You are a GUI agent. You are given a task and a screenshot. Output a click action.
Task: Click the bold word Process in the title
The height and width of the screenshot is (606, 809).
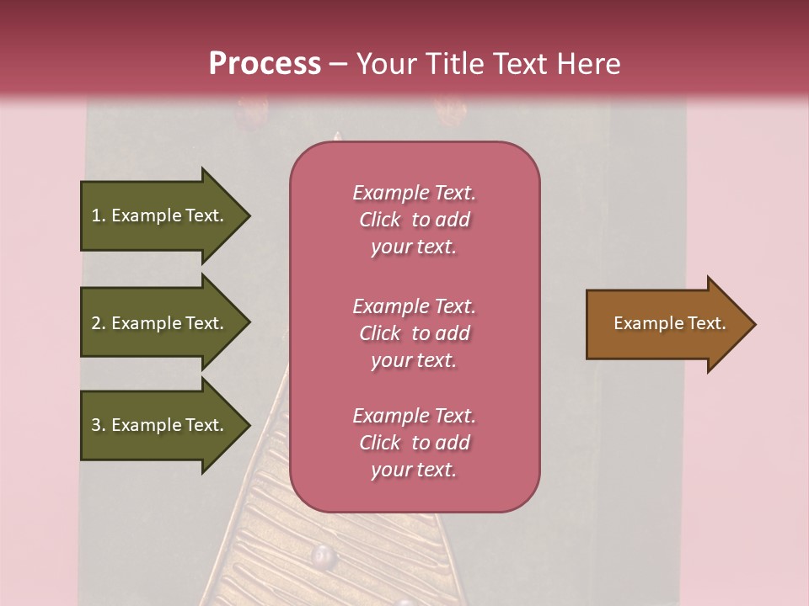click(265, 64)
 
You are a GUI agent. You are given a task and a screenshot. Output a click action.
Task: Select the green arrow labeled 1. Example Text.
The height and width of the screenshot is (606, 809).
click(160, 215)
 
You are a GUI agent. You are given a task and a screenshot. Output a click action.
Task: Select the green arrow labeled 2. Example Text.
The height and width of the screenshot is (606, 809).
click(160, 323)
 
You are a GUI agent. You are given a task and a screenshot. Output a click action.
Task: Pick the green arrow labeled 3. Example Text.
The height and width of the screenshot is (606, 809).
click(160, 425)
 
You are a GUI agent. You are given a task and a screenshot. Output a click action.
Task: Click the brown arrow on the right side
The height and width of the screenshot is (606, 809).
click(666, 324)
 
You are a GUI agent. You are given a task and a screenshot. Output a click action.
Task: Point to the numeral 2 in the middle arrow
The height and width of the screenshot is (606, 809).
click(96, 323)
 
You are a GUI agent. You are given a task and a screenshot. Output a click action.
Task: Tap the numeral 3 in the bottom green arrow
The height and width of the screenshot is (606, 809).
click(96, 425)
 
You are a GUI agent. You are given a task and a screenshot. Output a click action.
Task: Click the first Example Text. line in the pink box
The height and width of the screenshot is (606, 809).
click(414, 193)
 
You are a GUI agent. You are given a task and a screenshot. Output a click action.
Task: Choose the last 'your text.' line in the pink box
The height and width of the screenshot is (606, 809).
click(414, 470)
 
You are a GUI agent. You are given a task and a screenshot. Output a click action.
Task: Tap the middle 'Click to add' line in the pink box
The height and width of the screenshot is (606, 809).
click(414, 333)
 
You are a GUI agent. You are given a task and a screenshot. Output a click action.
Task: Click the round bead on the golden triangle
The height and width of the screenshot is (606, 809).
click(323, 555)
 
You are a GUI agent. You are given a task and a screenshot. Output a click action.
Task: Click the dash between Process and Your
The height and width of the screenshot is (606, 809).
click(338, 65)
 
